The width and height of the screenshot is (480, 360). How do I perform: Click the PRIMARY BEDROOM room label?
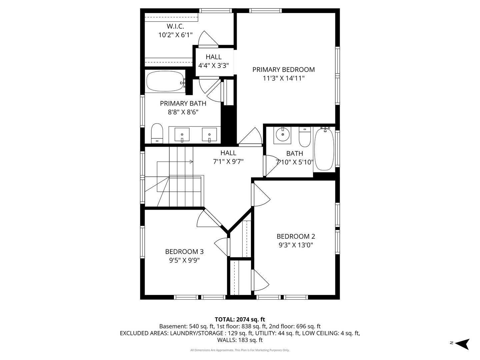click(x=283, y=70)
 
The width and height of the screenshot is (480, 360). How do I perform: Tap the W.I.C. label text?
click(x=175, y=26)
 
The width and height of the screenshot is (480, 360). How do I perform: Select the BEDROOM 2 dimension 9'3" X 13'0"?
click(x=296, y=245)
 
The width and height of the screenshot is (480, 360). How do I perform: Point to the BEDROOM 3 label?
click(x=184, y=252)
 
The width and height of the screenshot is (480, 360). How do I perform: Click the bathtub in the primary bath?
click(x=165, y=82)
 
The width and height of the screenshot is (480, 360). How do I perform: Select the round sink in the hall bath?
click(x=283, y=135)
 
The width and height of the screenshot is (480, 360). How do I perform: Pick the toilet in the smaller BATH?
click(x=305, y=137)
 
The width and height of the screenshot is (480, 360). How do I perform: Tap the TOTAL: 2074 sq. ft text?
click(x=240, y=320)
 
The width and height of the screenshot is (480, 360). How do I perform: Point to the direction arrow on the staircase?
click(x=191, y=162)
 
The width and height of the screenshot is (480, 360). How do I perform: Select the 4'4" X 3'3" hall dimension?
click(x=213, y=66)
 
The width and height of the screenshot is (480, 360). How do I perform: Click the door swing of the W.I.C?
click(x=207, y=39)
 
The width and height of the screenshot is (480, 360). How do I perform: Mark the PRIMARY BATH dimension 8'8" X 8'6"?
click(x=183, y=112)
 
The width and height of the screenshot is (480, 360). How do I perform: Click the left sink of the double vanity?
click(x=182, y=135)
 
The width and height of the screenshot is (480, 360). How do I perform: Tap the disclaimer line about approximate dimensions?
click(x=240, y=350)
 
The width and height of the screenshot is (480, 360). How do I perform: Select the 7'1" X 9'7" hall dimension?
click(x=228, y=162)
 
